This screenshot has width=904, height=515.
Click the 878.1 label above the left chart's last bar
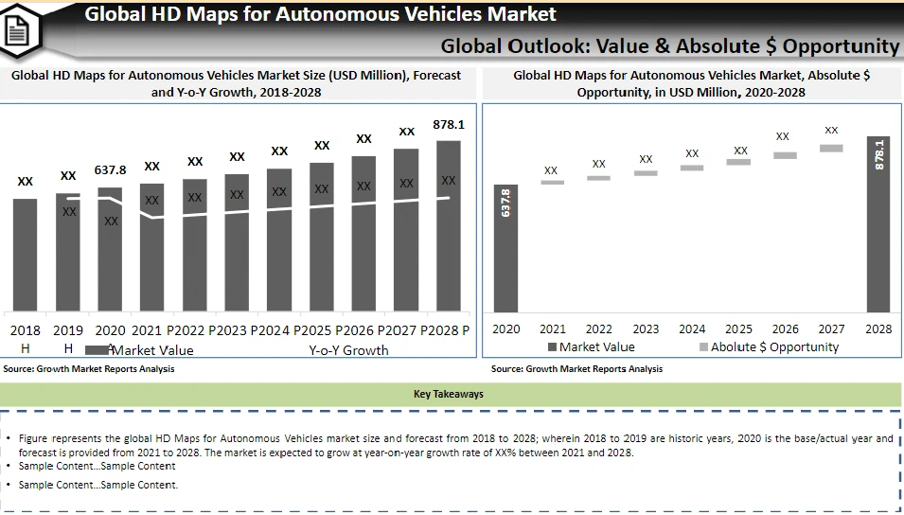[x=449, y=124]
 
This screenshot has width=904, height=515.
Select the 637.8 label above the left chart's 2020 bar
[x=111, y=169]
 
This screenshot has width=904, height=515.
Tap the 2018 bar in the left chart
[x=26, y=255]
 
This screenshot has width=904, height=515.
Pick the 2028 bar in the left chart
[x=449, y=226]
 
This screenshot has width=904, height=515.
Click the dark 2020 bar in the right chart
[x=505, y=248]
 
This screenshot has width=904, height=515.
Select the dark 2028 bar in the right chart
[x=878, y=223]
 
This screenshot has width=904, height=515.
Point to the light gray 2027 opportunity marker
[x=831, y=148]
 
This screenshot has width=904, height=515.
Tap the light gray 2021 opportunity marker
[x=552, y=182]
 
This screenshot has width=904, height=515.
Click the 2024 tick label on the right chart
[x=692, y=329]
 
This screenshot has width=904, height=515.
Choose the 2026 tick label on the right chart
[x=785, y=329]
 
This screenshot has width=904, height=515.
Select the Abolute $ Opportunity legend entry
[x=769, y=346]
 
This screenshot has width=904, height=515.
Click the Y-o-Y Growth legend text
[x=348, y=350]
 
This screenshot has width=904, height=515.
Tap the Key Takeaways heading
[x=449, y=394]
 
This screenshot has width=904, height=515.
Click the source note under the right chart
[x=577, y=369]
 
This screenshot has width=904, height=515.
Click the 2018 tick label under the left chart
[x=26, y=330]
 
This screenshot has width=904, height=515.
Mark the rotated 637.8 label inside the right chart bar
[x=505, y=204]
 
